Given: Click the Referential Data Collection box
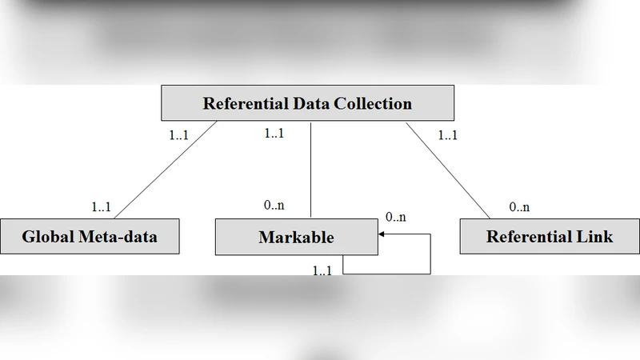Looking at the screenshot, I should point(307,104).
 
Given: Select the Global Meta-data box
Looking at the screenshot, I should point(90,237).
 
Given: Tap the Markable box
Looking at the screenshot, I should point(296,237).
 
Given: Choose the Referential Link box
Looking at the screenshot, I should point(549,237).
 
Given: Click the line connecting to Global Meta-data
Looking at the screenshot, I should point(164,170).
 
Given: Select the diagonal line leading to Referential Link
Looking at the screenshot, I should point(448,170).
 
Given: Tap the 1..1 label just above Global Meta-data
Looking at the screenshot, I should point(101,207).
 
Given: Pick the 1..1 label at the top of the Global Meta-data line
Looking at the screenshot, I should point(178,135).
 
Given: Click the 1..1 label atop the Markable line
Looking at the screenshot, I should point(274,134).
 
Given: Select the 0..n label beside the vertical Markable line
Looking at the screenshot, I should point(274,206).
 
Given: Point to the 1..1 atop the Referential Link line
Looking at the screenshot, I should point(448,135).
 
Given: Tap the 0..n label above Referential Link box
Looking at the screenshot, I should point(519,207).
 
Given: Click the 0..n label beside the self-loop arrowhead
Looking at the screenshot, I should point(396,217).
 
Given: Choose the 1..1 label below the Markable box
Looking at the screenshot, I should point(322,270).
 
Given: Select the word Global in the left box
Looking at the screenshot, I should point(48,237).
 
